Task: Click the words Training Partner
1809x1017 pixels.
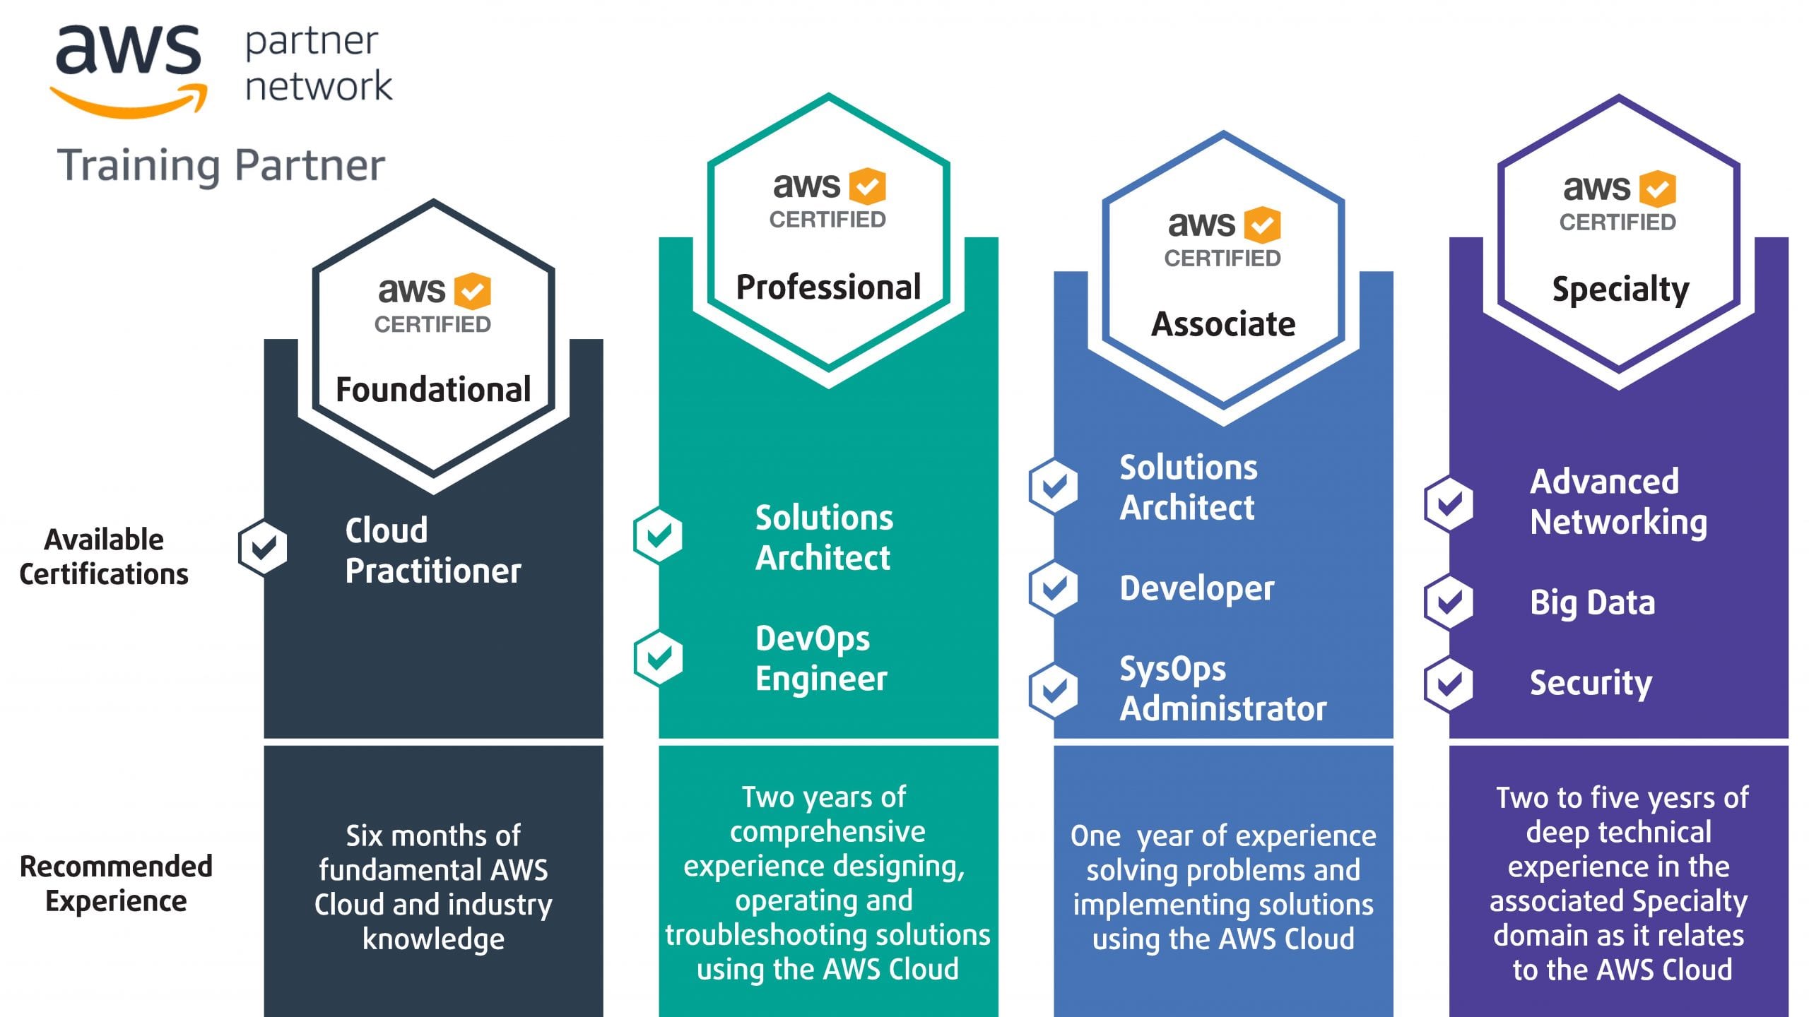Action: [220, 165]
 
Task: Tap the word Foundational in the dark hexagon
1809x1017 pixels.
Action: [433, 390]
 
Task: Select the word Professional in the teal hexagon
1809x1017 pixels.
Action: [828, 287]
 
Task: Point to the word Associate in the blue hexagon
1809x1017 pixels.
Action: [1223, 324]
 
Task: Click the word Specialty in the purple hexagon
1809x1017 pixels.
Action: [1620, 290]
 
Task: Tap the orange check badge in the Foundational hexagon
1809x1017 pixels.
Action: [472, 291]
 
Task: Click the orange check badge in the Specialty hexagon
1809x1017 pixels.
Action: [1657, 189]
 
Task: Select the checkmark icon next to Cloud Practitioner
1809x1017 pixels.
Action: [263, 547]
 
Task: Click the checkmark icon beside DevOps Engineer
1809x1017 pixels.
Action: [658, 658]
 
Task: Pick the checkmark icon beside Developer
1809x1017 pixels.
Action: [1054, 588]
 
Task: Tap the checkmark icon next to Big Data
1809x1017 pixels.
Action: [1449, 602]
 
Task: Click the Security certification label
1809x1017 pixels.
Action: [1591, 683]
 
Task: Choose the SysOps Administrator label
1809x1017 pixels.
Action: [1222, 689]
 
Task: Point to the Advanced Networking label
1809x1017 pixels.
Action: [1618, 502]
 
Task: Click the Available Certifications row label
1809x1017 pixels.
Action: [104, 557]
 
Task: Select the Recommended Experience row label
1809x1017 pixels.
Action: [116, 884]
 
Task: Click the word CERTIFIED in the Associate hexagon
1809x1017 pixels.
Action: [1222, 258]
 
